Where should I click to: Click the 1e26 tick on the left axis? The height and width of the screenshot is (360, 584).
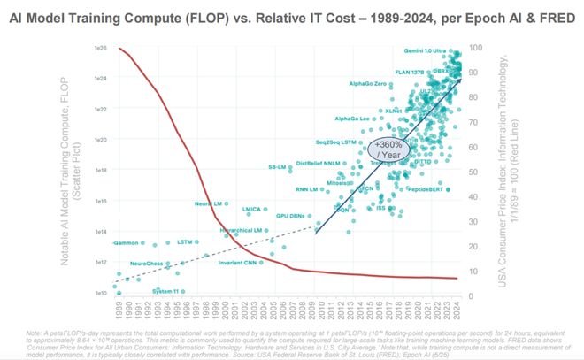click(100, 48)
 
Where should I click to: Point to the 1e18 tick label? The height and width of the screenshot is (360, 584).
click(100, 170)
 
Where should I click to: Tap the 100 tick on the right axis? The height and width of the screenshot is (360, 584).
click(476, 48)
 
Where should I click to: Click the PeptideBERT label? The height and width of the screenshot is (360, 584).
click(429, 189)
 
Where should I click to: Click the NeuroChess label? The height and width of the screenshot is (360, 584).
click(147, 264)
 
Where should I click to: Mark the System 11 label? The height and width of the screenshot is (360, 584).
click(168, 291)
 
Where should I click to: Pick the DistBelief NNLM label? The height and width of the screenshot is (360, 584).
click(320, 163)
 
